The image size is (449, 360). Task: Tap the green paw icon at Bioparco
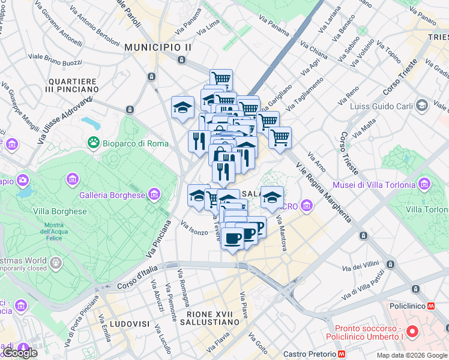click(94, 143)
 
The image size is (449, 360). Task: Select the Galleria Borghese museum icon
click(155, 194)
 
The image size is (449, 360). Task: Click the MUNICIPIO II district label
click(158, 46)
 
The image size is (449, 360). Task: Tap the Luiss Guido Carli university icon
click(421, 106)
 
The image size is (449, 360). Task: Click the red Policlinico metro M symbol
click(431, 305)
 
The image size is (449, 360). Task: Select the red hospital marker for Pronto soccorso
click(412, 331)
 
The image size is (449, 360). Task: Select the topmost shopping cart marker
click(221, 79)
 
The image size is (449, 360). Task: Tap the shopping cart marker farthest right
click(280, 137)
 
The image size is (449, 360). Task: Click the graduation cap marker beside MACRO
click(272, 197)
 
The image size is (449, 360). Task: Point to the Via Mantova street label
click(282, 234)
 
